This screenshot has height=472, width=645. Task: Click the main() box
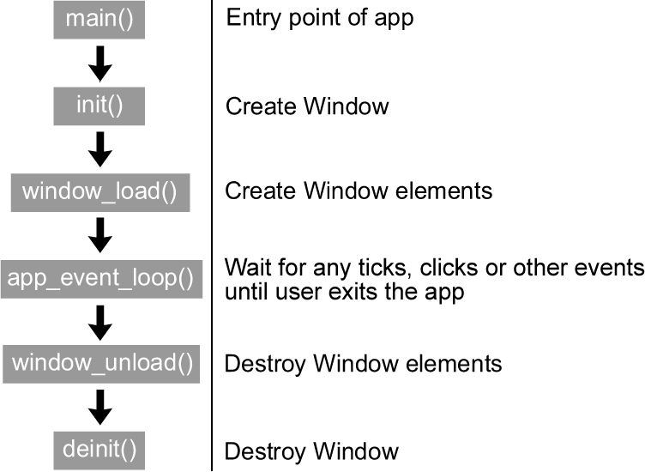coord(100,19)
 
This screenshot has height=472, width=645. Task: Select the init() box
coord(100,106)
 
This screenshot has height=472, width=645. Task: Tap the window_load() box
coord(99,191)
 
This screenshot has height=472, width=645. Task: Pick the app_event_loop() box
coord(100,278)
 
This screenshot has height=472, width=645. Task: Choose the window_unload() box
coord(101,363)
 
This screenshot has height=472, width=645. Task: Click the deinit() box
coord(100,449)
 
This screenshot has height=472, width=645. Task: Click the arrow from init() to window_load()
coord(100,148)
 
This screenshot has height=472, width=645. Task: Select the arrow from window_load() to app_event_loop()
coord(100,233)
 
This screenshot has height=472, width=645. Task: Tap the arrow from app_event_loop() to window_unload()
coord(100,321)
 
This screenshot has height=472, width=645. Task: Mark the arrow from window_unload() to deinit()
coord(100,406)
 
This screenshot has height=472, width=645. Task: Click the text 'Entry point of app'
coord(319,18)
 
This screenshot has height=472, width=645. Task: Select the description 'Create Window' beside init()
coord(306,106)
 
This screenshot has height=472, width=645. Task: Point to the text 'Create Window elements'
coord(359,191)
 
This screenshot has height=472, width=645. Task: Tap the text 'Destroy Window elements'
coord(363,364)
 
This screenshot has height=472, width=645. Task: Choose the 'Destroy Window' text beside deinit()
coord(311,451)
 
